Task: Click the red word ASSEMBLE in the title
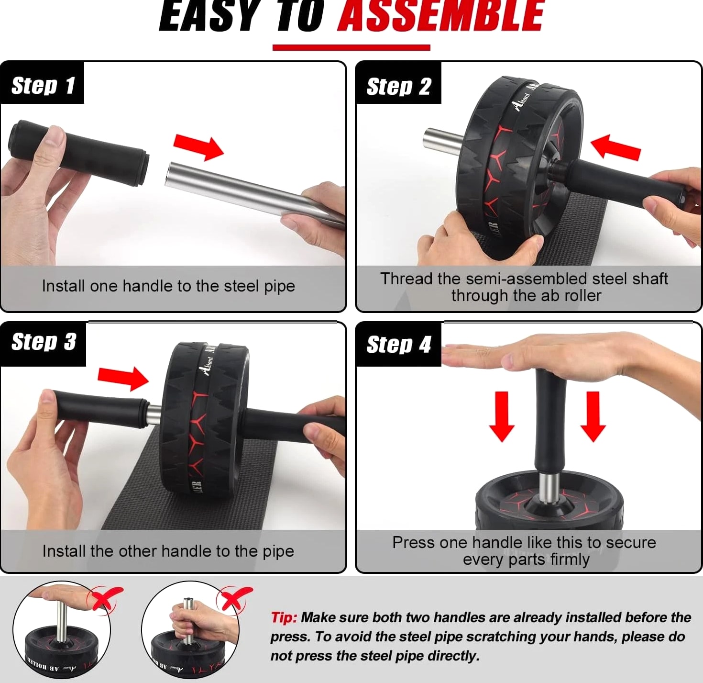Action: point(440,16)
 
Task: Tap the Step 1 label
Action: point(43,86)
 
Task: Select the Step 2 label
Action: point(399,87)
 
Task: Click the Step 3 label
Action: point(44,342)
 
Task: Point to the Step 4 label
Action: point(399,344)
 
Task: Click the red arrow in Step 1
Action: point(198,147)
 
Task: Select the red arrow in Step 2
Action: point(615,147)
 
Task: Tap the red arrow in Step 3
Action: point(123,379)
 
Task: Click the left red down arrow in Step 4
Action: point(502,416)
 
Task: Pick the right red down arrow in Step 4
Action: point(593,416)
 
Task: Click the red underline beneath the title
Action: point(351,47)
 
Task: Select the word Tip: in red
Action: point(284,617)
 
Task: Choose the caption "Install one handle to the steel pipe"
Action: point(168,286)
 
